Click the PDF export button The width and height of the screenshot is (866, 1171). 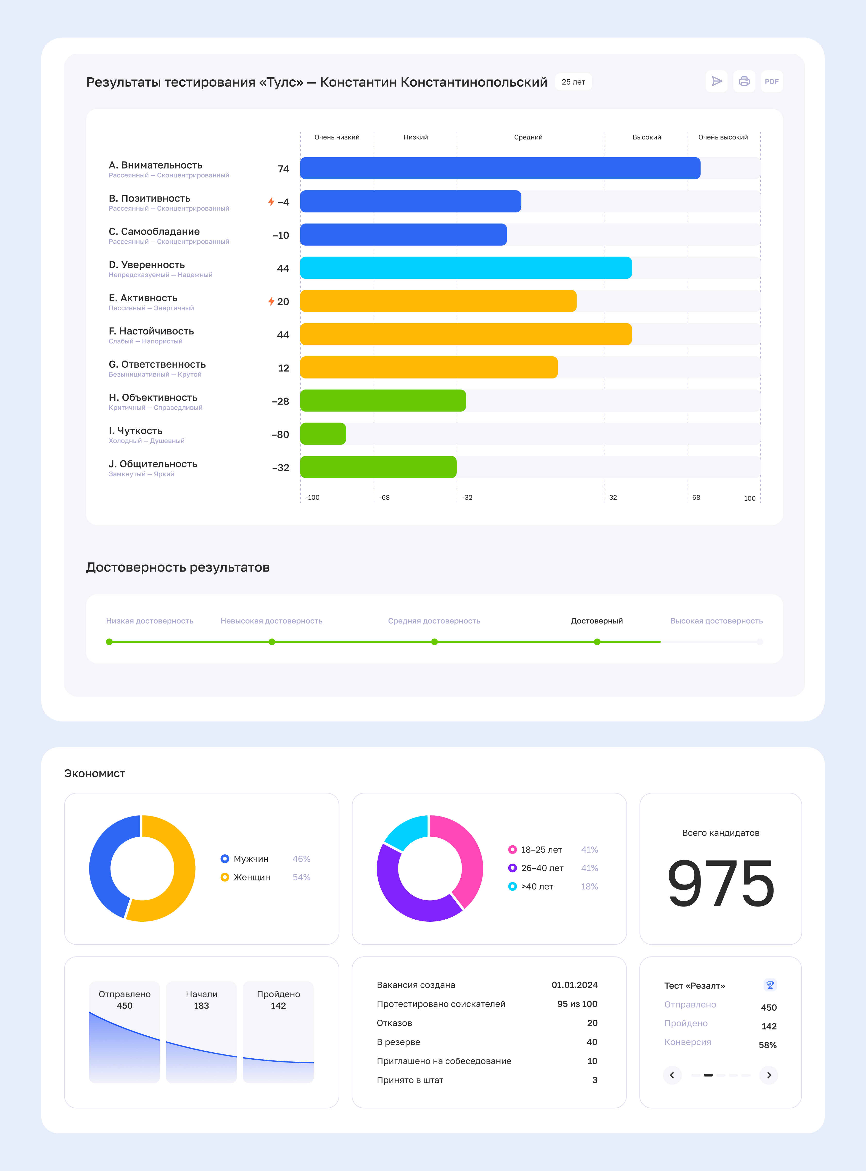pyautogui.click(x=771, y=81)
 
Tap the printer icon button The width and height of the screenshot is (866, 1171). pyautogui.click(x=744, y=81)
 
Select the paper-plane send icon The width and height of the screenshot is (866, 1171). pyautogui.click(x=717, y=81)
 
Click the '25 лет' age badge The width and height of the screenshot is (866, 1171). pyautogui.click(x=573, y=82)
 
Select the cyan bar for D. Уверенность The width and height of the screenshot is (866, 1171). pyautogui.click(x=465, y=268)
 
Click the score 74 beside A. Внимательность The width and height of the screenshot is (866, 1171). pyautogui.click(x=283, y=169)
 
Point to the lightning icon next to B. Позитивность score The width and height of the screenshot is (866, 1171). pyautogui.click(x=271, y=202)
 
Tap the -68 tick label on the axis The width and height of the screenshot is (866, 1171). pyautogui.click(x=384, y=497)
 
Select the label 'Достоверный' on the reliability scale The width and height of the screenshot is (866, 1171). pyautogui.click(x=597, y=621)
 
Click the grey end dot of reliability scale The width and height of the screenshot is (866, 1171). pyautogui.click(x=760, y=642)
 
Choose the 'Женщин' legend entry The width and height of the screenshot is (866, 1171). pyautogui.click(x=252, y=877)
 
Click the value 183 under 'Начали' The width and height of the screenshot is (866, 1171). pyautogui.click(x=201, y=1006)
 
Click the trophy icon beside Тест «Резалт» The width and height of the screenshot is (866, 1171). pyautogui.click(x=770, y=985)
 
